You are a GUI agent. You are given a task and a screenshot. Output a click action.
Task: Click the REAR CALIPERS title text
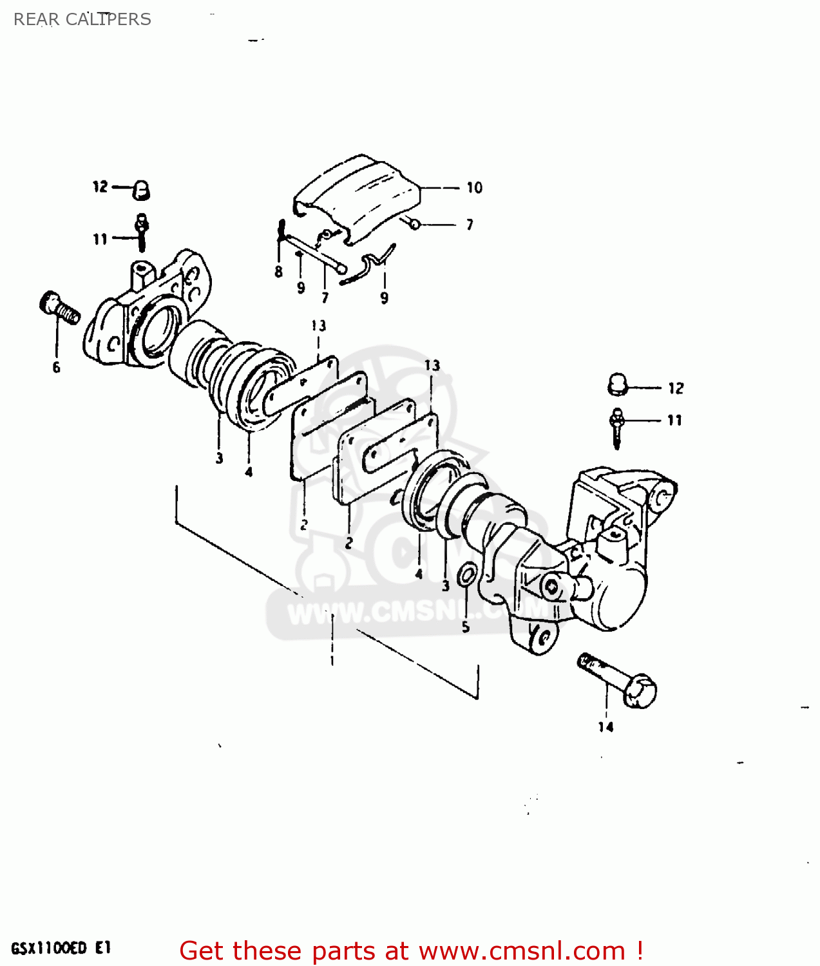click(82, 19)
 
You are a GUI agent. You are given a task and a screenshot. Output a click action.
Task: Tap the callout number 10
click(475, 187)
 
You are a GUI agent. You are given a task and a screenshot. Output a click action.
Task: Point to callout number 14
click(605, 727)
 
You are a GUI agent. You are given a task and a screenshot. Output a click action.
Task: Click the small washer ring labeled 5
click(468, 574)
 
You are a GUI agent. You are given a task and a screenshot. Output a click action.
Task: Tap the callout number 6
click(57, 368)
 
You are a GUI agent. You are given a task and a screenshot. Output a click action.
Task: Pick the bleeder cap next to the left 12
click(141, 189)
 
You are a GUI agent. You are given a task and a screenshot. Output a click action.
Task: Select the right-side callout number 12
click(676, 388)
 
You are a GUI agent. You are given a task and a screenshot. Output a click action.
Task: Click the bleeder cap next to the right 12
click(618, 384)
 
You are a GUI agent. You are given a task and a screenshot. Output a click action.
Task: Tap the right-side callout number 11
click(674, 421)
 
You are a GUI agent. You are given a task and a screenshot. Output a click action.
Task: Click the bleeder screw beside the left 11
click(142, 232)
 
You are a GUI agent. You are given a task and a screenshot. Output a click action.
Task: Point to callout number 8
click(278, 272)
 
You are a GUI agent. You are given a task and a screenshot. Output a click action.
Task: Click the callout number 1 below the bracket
click(332, 661)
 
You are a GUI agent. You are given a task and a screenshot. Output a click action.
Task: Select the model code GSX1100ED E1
click(61, 948)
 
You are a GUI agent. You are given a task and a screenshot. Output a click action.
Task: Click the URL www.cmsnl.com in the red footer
click(522, 951)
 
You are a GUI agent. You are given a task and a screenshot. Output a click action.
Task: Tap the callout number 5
click(466, 627)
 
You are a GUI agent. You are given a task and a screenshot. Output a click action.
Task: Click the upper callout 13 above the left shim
click(319, 326)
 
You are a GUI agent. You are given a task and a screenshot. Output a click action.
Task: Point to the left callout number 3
click(219, 459)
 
